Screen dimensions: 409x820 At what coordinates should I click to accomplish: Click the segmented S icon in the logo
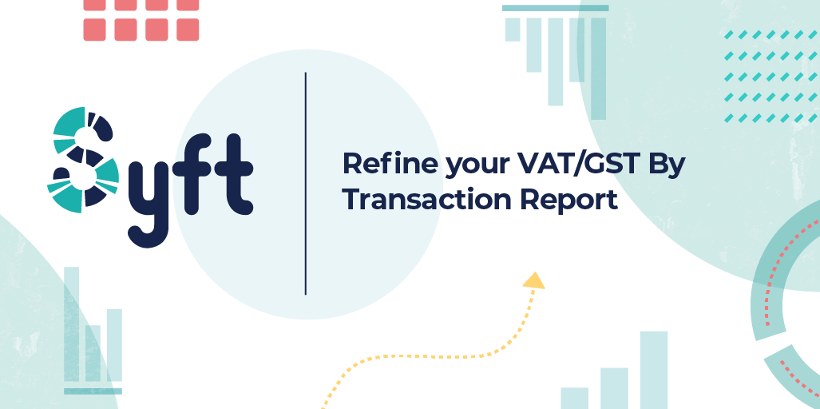click(x=83, y=160)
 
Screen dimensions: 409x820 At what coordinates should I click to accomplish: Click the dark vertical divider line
click(x=306, y=184)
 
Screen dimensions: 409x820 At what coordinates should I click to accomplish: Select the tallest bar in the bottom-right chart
click(x=653, y=370)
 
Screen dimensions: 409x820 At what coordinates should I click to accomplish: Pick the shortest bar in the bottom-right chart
click(x=574, y=398)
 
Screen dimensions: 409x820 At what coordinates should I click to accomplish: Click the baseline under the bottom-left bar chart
click(x=93, y=391)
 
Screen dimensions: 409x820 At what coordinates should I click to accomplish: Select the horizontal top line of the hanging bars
click(x=555, y=8)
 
